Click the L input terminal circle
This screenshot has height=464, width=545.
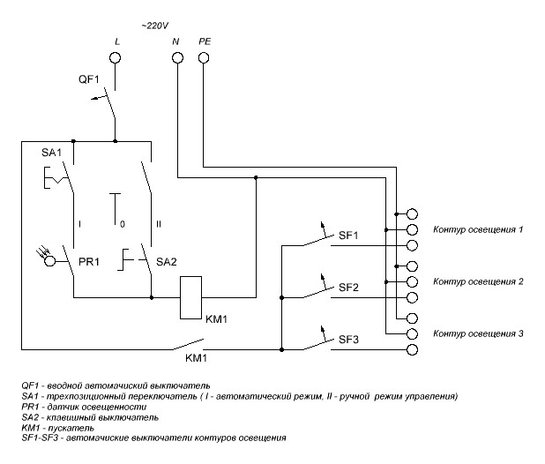tap(115, 57)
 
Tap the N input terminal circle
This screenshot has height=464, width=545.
tap(177, 57)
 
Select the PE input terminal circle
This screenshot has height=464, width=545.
tap(204, 57)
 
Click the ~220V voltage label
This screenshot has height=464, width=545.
tap(155, 26)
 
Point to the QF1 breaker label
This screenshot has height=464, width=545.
tap(89, 79)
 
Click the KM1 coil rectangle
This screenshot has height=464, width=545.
tap(190, 297)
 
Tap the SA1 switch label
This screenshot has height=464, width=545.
tap(51, 153)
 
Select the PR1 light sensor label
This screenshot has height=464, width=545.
tap(89, 262)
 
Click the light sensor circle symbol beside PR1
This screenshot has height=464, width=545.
tap(50, 261)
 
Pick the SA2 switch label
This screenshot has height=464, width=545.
tap(167, 262)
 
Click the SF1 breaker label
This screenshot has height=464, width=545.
tap(348, 236)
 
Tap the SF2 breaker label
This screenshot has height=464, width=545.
tap(348, 288)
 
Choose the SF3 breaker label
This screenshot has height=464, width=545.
tap(348, 340)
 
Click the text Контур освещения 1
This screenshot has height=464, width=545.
tap(478, 229)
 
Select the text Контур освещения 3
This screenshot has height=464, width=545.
tap(478, 333)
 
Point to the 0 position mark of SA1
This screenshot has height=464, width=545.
tap(123, 224)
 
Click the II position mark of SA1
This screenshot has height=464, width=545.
tap(159, 224)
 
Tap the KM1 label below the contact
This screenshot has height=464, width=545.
tap(196, 358)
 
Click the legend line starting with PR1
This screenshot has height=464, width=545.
tap(84, 407)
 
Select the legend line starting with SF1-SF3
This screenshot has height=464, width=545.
tap(153, 438)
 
